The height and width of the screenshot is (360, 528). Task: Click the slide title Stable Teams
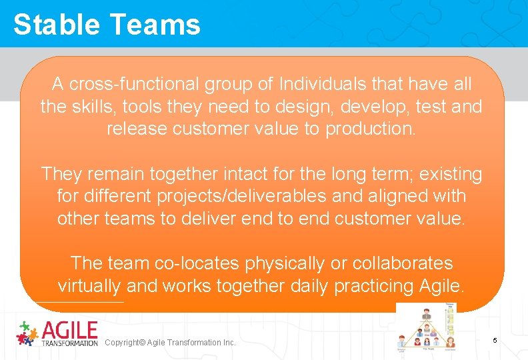point(107,25)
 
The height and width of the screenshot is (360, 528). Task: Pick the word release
point(137,129)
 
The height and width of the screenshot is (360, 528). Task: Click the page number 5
point(495,341)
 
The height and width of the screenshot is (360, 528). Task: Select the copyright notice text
point(171,343)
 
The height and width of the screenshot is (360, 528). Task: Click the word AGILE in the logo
point(70,330)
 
